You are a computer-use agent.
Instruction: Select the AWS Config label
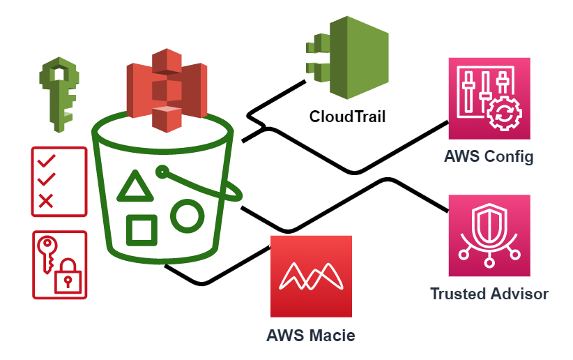pyautogui.click(x=489, y=156)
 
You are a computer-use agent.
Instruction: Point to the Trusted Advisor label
pyautogui.click(x=489, y=294)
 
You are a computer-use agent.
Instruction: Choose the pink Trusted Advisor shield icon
pyautogui.click(x=489, y=235)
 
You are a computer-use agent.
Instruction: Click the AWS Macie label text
pyautogui.click(x=311, y=335)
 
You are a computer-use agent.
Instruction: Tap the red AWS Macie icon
pyautogui.click(x=311, y=276)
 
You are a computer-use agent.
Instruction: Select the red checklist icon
pyautogui.click(x=59, y=181)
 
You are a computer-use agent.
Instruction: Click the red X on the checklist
pyautogui.click(x=46, y=201)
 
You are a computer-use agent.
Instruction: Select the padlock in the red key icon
pyautogui.click(x=68, y=277)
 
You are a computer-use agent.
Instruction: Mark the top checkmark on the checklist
pyautogui.click(x=46, y=161)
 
